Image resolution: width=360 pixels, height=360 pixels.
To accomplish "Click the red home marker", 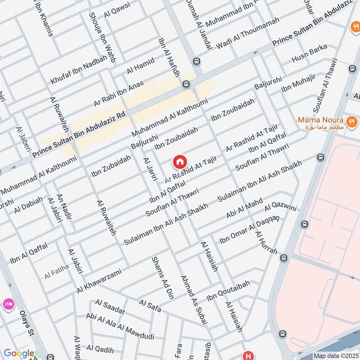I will pyautogui.click(x=180, y=162).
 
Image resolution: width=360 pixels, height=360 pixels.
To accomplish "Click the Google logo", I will pyautogui.click(x=18, y=353).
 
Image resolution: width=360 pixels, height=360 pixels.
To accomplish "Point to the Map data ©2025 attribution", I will pyautogui.click(x=335, y=356).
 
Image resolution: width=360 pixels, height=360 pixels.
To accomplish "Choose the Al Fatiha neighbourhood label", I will pyautogui.click(x=57, y=274).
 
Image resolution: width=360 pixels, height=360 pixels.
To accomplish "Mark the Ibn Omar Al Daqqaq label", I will pyautogui.click(x=248, y=230).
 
